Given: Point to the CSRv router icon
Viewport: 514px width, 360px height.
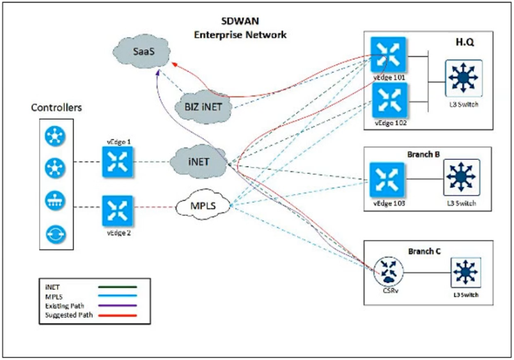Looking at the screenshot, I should [x=386, y=270].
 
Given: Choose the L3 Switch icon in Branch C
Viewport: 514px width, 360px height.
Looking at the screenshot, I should [x=464, y=271].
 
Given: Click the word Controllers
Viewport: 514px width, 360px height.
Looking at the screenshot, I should [x=56, y=108].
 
